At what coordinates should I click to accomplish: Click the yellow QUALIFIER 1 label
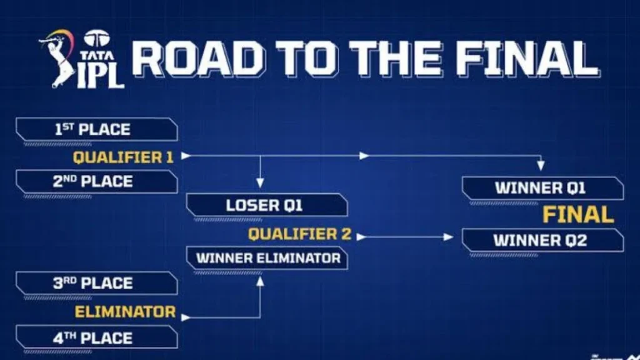(123, 157)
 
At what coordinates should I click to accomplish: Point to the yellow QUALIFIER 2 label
(299, 235)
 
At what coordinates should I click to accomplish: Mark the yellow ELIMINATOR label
(126, 311)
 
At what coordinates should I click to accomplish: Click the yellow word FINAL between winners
(578, 214)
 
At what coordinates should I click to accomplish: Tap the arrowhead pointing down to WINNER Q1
(541, 167)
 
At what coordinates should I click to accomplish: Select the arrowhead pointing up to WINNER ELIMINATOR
(261, 281)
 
